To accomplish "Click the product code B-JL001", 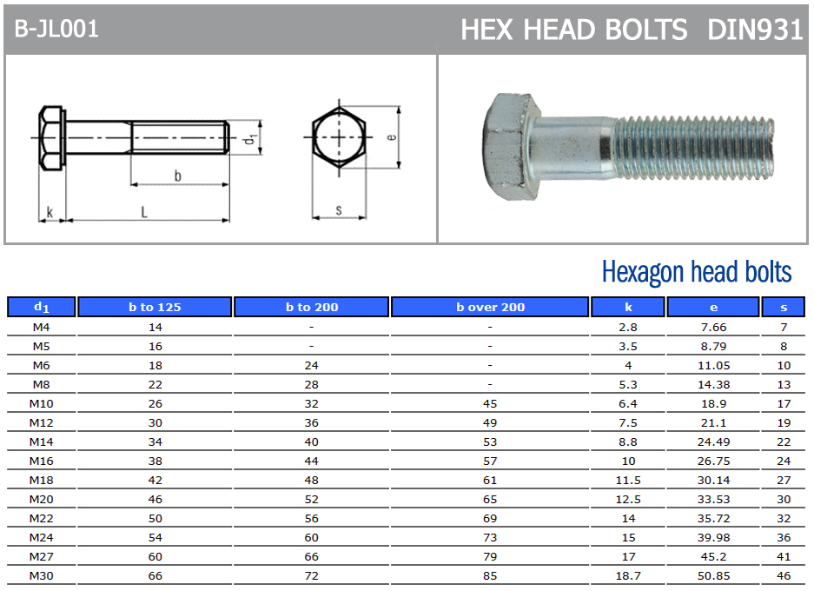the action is point(56,29).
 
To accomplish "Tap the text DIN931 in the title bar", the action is point(755,30).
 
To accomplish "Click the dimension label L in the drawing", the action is point(144,212).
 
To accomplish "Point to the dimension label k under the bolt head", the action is point(50,212).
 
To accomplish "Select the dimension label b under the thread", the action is point(177,176).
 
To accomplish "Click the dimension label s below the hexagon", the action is point(339,210).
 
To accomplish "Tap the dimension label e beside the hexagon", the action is point(392,137).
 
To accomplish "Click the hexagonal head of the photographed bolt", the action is point(512,147).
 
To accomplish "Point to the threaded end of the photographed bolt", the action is point(693,148).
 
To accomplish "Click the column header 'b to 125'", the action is point(155,307).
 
